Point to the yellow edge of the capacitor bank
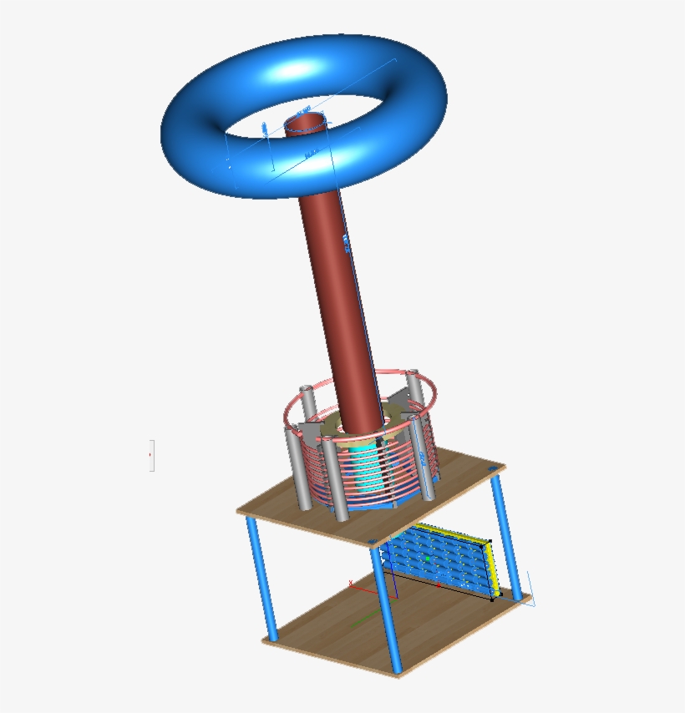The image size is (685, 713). [x=493, y=568]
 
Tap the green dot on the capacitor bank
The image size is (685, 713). [x=427, y=558]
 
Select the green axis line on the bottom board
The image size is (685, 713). [x=362, y=620]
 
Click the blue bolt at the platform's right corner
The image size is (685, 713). [x=492, y=470]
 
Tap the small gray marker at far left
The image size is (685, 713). [x=151, y=455]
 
